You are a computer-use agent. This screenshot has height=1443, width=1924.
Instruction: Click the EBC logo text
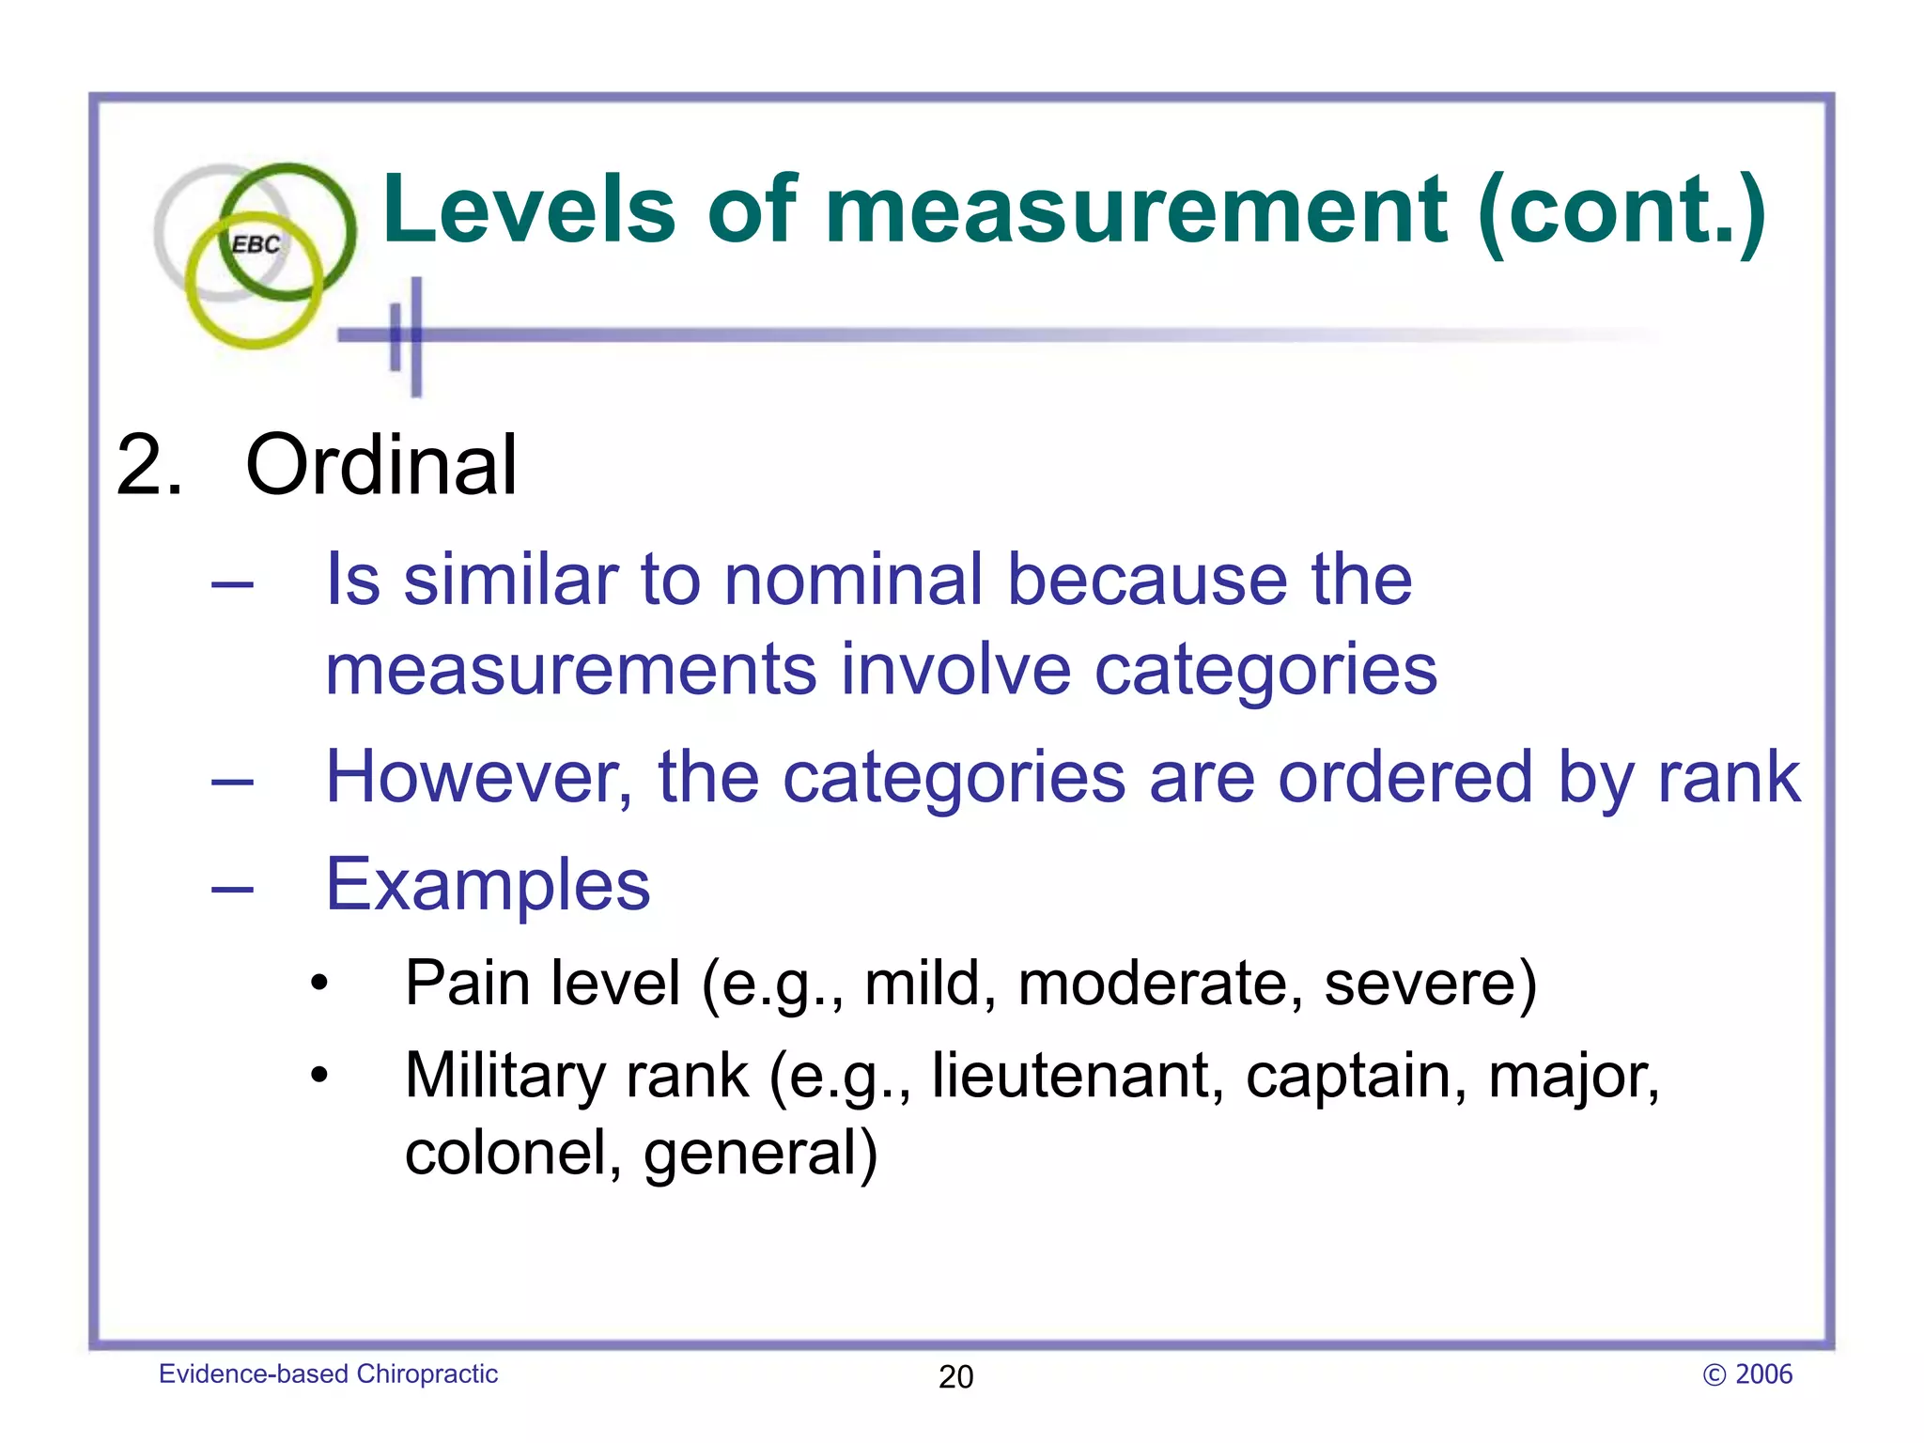[256, 245]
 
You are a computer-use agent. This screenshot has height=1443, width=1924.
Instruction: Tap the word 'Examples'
[488, 886]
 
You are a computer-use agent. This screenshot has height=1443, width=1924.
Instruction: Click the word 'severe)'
[1431, 984]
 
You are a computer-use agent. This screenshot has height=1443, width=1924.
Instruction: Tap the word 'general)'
[760, 1156]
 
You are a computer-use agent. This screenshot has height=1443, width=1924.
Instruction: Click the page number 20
[955, 1377]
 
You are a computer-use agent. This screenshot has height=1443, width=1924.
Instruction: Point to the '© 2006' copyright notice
[1747, 1374]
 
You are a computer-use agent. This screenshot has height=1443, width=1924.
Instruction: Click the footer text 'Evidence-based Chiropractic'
[328, 1374]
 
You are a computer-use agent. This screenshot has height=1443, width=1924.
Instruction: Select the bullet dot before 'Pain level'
[320, 984]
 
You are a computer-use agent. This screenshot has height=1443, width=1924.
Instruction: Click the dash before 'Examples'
[232, 887]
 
